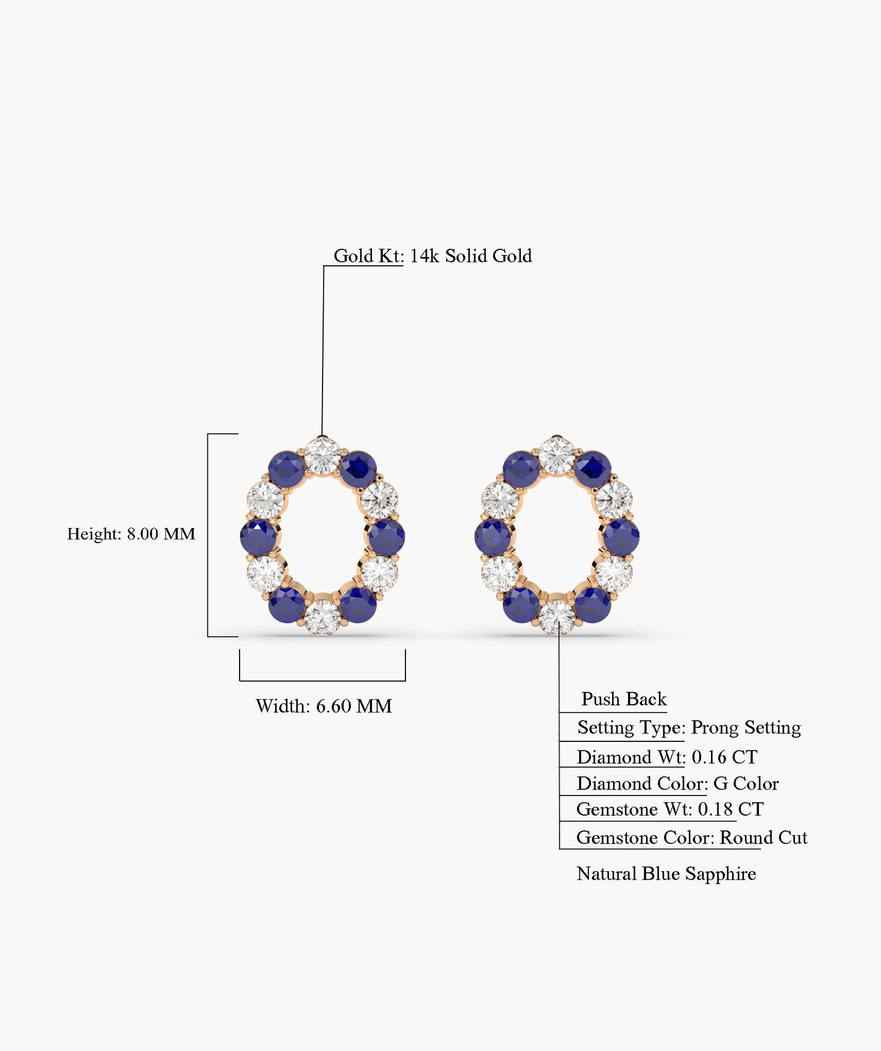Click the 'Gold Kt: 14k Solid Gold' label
432,256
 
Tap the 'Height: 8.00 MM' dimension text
131,534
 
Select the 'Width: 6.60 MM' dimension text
324,706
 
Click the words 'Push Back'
624,699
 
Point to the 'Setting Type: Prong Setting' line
689,727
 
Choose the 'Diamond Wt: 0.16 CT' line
667,757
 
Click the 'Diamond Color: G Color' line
677,783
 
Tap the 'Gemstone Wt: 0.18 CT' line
669,810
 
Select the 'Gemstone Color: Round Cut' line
691,838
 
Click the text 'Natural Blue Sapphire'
666,874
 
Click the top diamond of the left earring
322,455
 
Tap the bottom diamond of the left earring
322,617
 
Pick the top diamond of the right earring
557,455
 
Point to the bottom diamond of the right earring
557,617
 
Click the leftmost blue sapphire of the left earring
259,537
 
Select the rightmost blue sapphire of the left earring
387,537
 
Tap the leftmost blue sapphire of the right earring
493,537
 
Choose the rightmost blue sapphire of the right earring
621,537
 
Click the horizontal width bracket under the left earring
323,680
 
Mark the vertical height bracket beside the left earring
208,535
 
